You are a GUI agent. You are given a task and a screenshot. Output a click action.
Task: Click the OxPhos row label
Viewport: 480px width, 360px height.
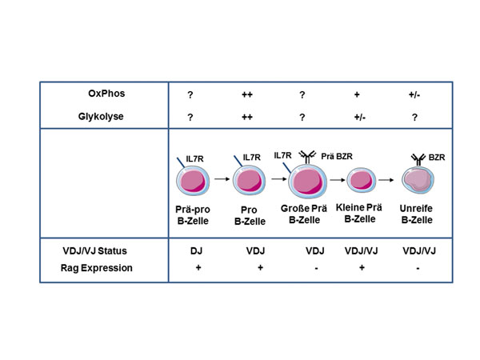point(106,94)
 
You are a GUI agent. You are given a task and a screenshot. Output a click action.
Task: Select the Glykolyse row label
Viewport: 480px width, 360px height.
point(101,117)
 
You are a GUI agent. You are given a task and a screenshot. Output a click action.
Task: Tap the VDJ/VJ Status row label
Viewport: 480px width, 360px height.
point(94,251)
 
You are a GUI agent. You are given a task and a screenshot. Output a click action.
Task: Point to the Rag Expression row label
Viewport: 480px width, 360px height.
point(97,268)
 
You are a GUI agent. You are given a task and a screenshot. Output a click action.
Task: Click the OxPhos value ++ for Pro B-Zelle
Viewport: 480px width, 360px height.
point(247,94)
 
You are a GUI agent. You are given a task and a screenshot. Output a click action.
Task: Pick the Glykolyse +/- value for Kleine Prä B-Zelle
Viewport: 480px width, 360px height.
point(360,118)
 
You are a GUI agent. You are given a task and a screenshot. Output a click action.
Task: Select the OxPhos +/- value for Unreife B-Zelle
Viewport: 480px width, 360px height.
point(414,94)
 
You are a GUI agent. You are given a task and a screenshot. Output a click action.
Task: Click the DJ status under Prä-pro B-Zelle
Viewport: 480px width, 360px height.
point(196,251)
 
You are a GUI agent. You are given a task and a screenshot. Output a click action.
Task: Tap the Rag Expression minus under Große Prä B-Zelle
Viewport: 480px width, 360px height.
point(316,269)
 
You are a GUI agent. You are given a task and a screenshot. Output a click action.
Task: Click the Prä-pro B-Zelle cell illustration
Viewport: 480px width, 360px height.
point(193,181)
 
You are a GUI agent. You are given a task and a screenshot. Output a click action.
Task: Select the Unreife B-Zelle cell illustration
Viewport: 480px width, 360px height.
point(418,180)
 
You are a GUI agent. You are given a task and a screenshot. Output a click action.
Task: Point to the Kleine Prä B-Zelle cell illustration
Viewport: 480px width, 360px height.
point(362,180)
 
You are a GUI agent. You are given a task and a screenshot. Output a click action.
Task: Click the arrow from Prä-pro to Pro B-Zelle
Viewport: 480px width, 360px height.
point(222,178)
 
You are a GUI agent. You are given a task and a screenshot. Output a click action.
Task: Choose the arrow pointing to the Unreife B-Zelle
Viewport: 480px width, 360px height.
point(386,180)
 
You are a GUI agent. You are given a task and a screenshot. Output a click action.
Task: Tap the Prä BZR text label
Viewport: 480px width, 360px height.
point(337,157)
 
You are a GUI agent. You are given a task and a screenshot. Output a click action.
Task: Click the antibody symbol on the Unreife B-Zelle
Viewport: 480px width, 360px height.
point(418,160)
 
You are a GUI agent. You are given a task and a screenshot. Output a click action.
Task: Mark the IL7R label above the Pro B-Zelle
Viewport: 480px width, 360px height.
point(252,158)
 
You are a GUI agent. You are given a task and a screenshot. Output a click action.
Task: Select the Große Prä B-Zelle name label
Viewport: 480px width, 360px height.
point(304,214)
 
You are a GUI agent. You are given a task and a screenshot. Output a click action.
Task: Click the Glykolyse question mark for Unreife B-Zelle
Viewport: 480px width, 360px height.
point(414,118)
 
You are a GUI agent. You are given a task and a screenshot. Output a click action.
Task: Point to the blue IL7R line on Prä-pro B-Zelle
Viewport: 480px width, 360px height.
point(181,162)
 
